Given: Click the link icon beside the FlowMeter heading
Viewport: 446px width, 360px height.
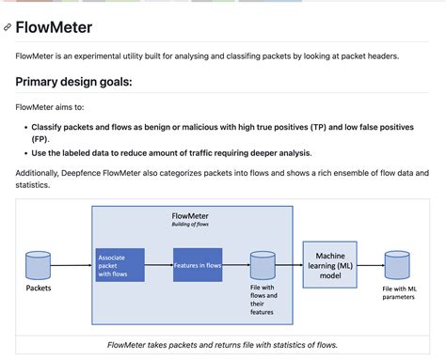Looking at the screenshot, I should coord(8,28).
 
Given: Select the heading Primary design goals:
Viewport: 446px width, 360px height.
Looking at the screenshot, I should coord(73,82).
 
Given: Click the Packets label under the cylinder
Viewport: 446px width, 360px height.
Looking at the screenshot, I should coord(39,289).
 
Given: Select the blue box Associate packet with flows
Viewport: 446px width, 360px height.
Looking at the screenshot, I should coord(119,265).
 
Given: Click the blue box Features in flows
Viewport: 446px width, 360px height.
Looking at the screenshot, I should coord(198,265).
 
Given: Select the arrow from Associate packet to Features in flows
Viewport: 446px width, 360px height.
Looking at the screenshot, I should coord(159,265).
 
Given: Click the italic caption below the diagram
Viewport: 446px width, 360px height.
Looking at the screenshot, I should coord(222,345).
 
